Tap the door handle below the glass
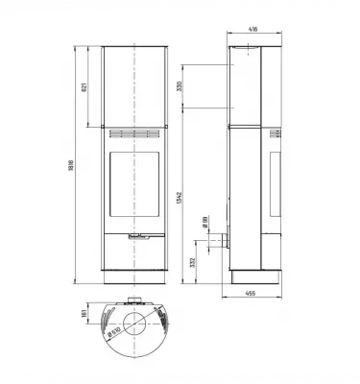point(135,233)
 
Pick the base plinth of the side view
point(255,276)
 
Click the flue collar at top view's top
point(135,300)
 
